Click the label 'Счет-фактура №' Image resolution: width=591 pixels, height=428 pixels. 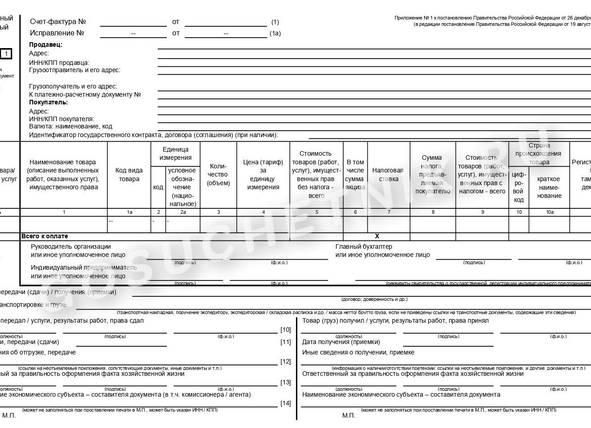click(x=58, y=22)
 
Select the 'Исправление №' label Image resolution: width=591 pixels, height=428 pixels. click(x=57, y=33)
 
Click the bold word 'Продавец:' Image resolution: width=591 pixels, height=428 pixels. click(x=45, y=44)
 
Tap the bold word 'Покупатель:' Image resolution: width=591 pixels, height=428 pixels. click(x=48, y=103)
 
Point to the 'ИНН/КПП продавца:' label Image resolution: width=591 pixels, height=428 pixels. click(x=59, y=63)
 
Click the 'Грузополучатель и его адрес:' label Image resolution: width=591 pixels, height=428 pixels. click(x=73, y=86)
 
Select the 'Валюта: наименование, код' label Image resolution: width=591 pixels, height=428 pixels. click(x=70, y=127)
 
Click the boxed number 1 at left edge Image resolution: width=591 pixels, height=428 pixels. click(x=6, y=54)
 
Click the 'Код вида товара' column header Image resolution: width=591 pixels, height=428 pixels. click(x=129, y=175)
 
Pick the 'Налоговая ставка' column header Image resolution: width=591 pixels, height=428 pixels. click(x=388, y=175)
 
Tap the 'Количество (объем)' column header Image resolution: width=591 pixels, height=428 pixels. click(x=218, y=175)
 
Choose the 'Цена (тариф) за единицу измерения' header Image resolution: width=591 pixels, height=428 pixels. click(x=263, y=175)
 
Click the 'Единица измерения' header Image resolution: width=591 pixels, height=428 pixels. click(x=175, y=153)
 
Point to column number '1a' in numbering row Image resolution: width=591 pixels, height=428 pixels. click(x=129, y=212)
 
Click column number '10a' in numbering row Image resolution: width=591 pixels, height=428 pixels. click(x=549, y=212)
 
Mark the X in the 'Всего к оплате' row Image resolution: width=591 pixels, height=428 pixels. click(x=377, y=236)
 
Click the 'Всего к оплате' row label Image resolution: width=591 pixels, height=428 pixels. click(x=45, y=236)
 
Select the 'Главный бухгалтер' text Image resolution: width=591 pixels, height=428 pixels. click(x=363, y=246)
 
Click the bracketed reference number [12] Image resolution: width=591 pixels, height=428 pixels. click(x=285, y=362)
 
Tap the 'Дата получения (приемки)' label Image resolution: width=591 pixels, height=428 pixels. click(x=341, y=342)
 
